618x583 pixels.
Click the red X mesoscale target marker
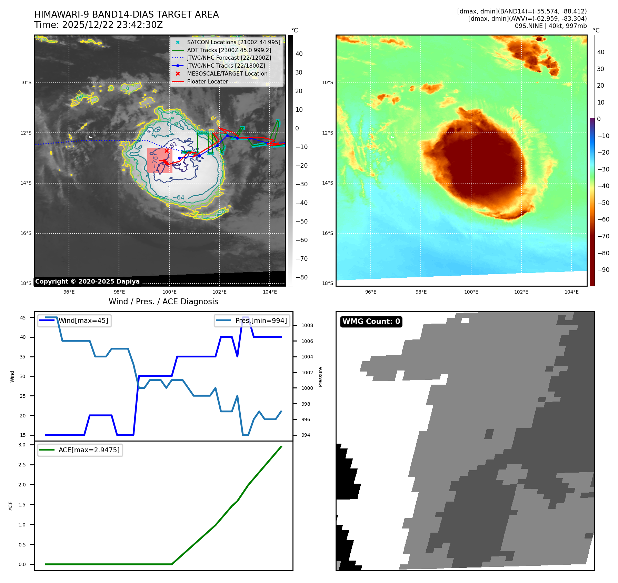click(167, 151)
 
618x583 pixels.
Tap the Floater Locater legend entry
click(207, 82)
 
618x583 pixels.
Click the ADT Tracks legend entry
click(229, 50)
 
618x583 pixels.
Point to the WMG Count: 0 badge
click(371, 322)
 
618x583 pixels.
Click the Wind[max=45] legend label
click(83, 320)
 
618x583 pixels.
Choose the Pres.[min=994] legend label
click(261, 320)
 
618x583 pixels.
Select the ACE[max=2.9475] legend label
click(89, 450)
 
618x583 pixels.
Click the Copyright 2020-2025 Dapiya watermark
click(87, 281)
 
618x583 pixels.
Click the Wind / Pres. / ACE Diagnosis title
click(163, 302)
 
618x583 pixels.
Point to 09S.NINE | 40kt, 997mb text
click(550, 26)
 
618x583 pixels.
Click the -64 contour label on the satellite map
click(178, 198)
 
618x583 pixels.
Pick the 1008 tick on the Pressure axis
click(307, 325)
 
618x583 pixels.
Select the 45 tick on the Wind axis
click(23, 318)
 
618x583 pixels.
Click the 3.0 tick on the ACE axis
click(22, 445)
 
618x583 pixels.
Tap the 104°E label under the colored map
click(571, 292)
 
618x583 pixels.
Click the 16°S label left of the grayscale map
click(26, 233)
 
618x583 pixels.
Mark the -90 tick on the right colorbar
click(603, 270)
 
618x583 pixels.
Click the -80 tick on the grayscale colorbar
click(301, 277)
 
